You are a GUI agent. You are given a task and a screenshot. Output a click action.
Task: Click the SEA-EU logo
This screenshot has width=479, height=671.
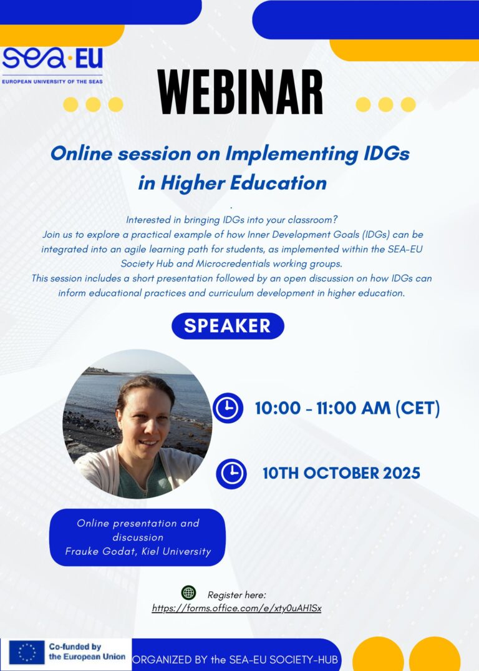click(52, 65)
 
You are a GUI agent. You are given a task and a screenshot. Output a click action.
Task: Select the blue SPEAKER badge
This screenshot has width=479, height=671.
click(228, 326)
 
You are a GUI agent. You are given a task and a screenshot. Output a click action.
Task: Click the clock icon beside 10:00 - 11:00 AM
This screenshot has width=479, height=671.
click(228, 408)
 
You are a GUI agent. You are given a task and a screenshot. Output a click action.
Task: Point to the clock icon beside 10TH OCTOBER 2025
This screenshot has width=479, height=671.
click(231, 474)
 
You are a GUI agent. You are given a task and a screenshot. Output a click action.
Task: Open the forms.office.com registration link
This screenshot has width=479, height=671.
click(236, 608)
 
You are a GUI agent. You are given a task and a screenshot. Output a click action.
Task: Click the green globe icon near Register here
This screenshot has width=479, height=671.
click(188, 593)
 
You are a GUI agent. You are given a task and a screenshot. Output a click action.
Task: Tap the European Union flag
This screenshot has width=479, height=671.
click(27, 652)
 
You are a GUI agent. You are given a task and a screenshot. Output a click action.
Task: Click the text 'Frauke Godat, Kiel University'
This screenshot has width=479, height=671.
click(138, 551)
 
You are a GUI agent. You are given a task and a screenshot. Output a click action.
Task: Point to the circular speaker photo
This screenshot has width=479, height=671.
click(137, 424)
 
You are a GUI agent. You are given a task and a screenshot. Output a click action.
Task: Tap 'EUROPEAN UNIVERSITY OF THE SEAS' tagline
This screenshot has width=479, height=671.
click(52, 81)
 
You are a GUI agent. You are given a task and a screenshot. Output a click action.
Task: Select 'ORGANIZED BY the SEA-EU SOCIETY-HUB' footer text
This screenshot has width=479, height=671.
click(235, 659)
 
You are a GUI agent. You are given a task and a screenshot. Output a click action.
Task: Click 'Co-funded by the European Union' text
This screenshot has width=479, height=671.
click(87, 652)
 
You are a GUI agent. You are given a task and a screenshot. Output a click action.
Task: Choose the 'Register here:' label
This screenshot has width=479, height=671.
click(237, 595)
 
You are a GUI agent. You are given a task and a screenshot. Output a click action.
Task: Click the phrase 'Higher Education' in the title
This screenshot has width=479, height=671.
click(244, 183)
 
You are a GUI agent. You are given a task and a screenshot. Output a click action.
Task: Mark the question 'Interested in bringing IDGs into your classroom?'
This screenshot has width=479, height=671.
click(231, 220)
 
